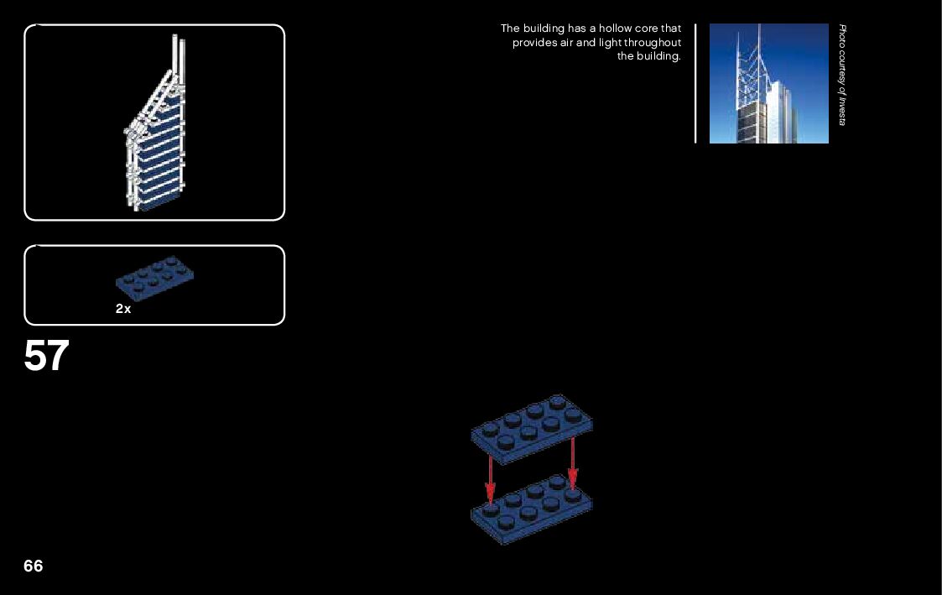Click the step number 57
point(46,357)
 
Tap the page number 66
point(33,566)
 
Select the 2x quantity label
point(123,309)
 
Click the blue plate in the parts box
point(155,276)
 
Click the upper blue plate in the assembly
point(532,427)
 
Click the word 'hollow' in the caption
point(615,29)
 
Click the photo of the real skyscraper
point(768,84)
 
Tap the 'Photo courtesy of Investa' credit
point(843,76)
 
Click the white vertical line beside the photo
point(695,84)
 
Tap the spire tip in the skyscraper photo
point(758,28)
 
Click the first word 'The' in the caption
point(510,29)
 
